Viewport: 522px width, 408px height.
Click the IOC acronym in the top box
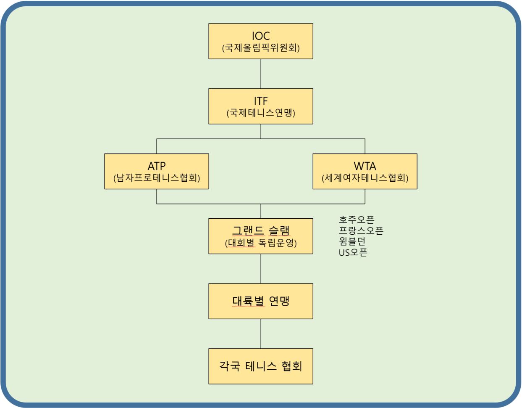coord(261,36)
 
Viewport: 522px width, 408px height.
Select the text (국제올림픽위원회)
coord(261,48)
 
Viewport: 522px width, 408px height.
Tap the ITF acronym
coord(261,101)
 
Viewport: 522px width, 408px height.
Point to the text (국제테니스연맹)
coord(261,113)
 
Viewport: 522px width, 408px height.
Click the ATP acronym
coord(157,166)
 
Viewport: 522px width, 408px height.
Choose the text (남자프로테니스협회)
coord(157,178)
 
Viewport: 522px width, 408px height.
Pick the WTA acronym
coord(365,166)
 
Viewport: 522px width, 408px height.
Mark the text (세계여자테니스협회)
coord(365,178)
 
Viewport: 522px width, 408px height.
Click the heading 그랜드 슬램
coord(261,230)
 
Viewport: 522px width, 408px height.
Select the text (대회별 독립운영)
coord(261,243)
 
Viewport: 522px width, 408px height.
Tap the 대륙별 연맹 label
coord(261,301)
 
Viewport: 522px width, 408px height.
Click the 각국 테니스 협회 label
coord(261,366)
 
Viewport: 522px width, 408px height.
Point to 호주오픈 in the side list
coord(357,220)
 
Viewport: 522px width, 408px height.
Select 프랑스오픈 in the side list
coord(361,230)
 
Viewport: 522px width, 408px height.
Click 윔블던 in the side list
coord(352,241)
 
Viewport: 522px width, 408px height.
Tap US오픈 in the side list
coord(353,252)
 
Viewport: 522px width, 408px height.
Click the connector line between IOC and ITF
coord(261,74)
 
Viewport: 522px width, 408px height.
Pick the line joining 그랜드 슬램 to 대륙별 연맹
coord(261,269)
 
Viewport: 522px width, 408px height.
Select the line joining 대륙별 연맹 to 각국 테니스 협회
coord(261,334)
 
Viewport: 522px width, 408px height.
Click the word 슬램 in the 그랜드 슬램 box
coord(279,230)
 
